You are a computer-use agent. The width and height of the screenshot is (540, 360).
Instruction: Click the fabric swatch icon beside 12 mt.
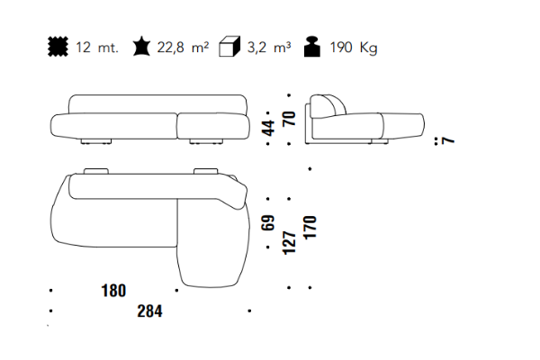58,47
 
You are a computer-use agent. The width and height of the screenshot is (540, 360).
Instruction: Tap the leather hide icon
141,47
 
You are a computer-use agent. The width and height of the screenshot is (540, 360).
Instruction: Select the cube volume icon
229,46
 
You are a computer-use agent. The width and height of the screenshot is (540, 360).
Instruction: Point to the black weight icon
312,47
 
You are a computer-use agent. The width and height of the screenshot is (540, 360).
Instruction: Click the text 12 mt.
97,47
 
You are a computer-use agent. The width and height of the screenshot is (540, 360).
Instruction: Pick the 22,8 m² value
183,47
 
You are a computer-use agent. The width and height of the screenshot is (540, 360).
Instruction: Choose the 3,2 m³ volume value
269,47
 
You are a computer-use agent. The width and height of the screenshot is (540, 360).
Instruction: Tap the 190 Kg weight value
354,48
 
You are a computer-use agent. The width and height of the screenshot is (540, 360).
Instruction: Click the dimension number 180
113,291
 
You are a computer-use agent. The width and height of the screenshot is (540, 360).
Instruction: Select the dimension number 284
149,311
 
